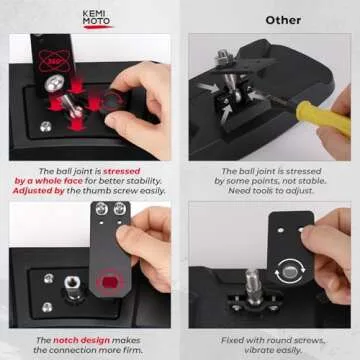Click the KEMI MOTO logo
click(96, 19)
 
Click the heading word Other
click(283, 20)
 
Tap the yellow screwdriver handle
click(323, 118)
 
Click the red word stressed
click(122, 172)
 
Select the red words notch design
click(81, 341)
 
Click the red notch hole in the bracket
click(109, 283)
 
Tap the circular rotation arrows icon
click(289, 272)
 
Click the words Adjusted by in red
click(39, 191)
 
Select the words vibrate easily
click(273, 350)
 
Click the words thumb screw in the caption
click(114, 191)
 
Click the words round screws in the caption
click(294, 341)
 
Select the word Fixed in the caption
click(232, 341)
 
